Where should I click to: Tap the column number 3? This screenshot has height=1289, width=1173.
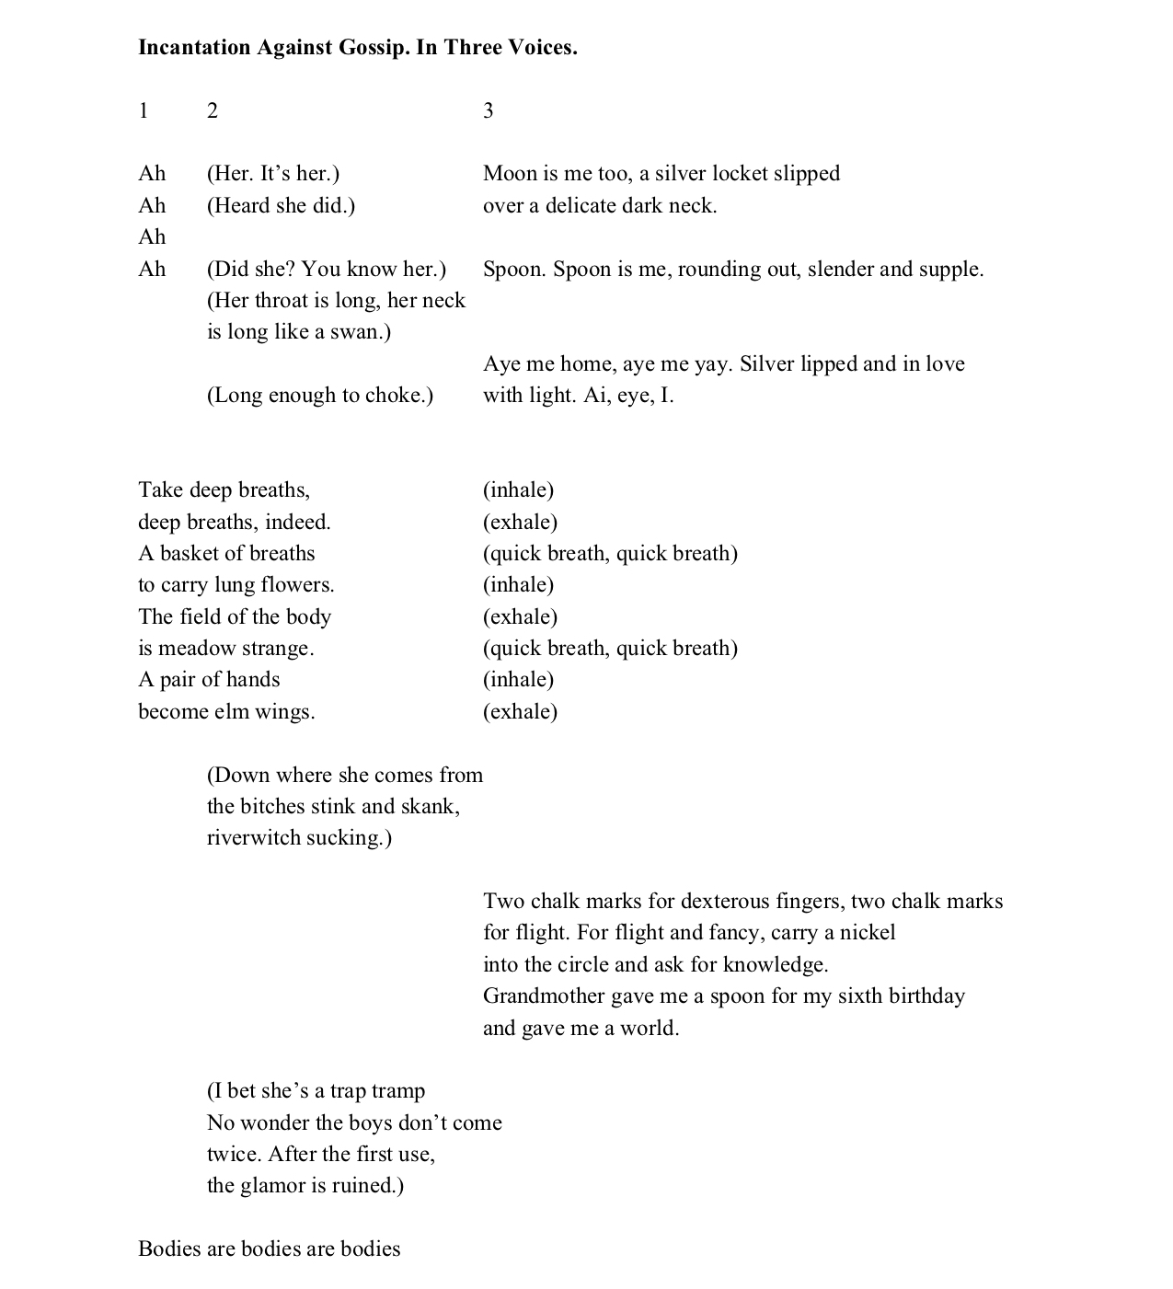coord(489,111)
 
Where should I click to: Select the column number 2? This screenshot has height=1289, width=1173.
coord(213,111)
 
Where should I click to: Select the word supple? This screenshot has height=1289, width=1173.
coord(950,270)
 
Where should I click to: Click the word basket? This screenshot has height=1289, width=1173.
coord(193,554)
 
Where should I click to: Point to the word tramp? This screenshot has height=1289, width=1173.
coord(397,1091)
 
